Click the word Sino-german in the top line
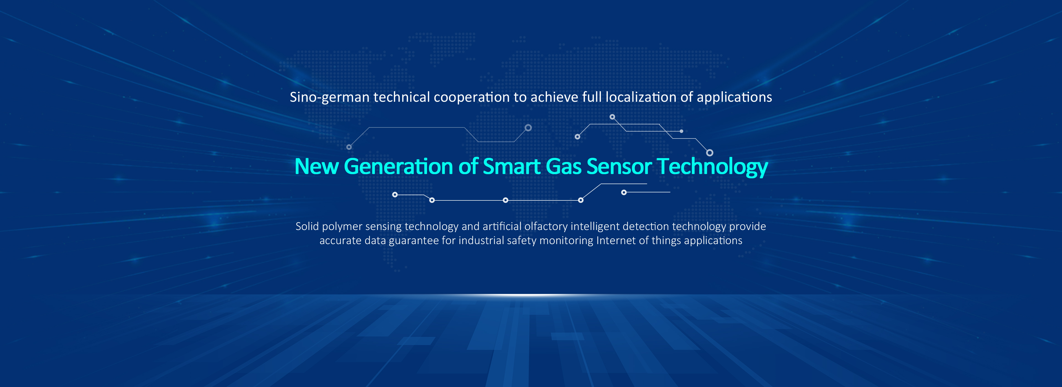coord(330,98)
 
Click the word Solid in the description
coord(307,226)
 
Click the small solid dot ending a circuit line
coord(681,131)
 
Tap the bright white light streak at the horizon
coord(531,295)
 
